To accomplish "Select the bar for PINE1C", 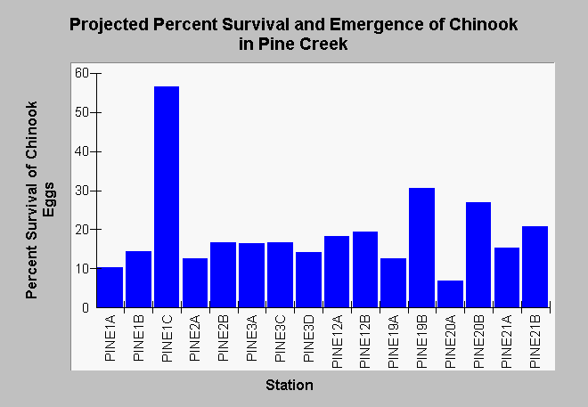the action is [x=167, y=197].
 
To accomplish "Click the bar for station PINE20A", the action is [x=450, y=294].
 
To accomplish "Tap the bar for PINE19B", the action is [x=422, y=248].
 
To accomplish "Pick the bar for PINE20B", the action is [x=478, y=255].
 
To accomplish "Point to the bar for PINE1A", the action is [x=110, y=288].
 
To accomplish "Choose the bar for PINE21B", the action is [x=535, y=267].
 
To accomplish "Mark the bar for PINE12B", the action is [x=365, y=270].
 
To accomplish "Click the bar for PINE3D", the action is [x=308, y=280].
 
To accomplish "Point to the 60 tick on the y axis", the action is [x=96, y=73].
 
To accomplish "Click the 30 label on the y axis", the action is [x=82, y=191].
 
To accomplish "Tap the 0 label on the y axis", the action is [x=86, y=307].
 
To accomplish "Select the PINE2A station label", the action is [x=195, y=338].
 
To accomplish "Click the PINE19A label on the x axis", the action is [x=394, y=341].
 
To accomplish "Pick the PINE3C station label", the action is [x=280, y=338].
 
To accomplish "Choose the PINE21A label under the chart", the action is [x=507, y=341].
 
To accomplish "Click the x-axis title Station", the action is [x=290, y=386].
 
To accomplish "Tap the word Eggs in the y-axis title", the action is [x=48, y=199].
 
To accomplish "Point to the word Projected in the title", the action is [x=109, y=25].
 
